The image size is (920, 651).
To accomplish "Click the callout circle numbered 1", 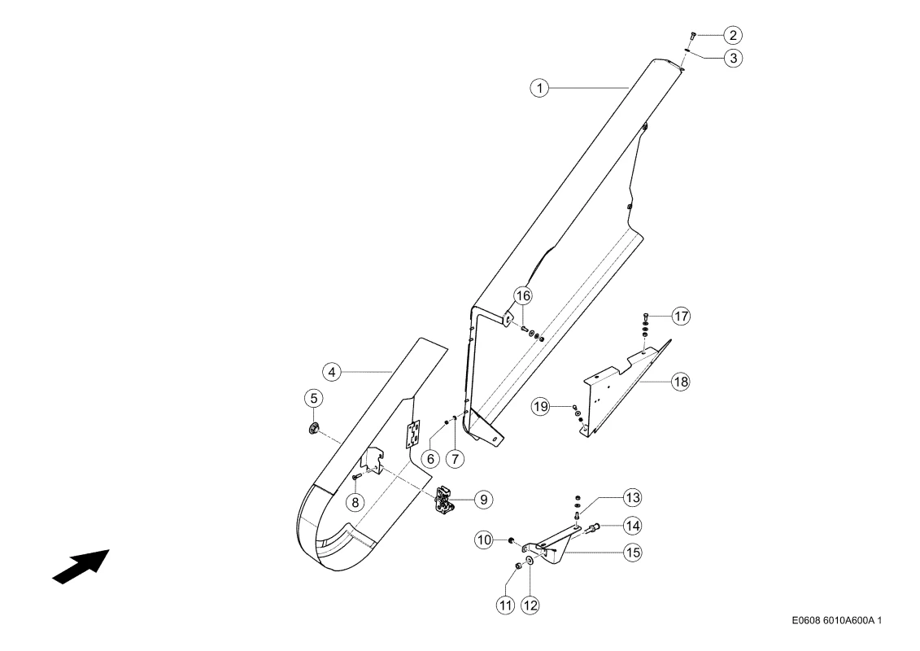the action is click(x=539, y=88).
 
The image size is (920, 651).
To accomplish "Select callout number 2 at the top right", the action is click(x=733, y=35).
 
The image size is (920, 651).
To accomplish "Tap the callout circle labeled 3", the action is click(x=733, y=58).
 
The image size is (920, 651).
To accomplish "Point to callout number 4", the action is click(x=332, y=372).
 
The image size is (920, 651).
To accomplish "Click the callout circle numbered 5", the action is click(x=314, y=399).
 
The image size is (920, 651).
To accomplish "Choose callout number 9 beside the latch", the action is click(x=483, y=500).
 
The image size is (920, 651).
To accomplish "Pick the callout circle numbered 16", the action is click(x=523, y=296).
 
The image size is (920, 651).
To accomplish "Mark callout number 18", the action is click(x=681, y=382).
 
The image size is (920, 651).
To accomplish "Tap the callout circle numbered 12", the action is click(x=530, y=605).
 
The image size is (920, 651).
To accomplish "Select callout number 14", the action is click(x=632, y=526).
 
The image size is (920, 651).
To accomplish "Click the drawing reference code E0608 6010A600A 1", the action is click(x=836, y=620).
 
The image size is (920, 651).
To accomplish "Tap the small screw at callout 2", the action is click(x=693, y=37).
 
